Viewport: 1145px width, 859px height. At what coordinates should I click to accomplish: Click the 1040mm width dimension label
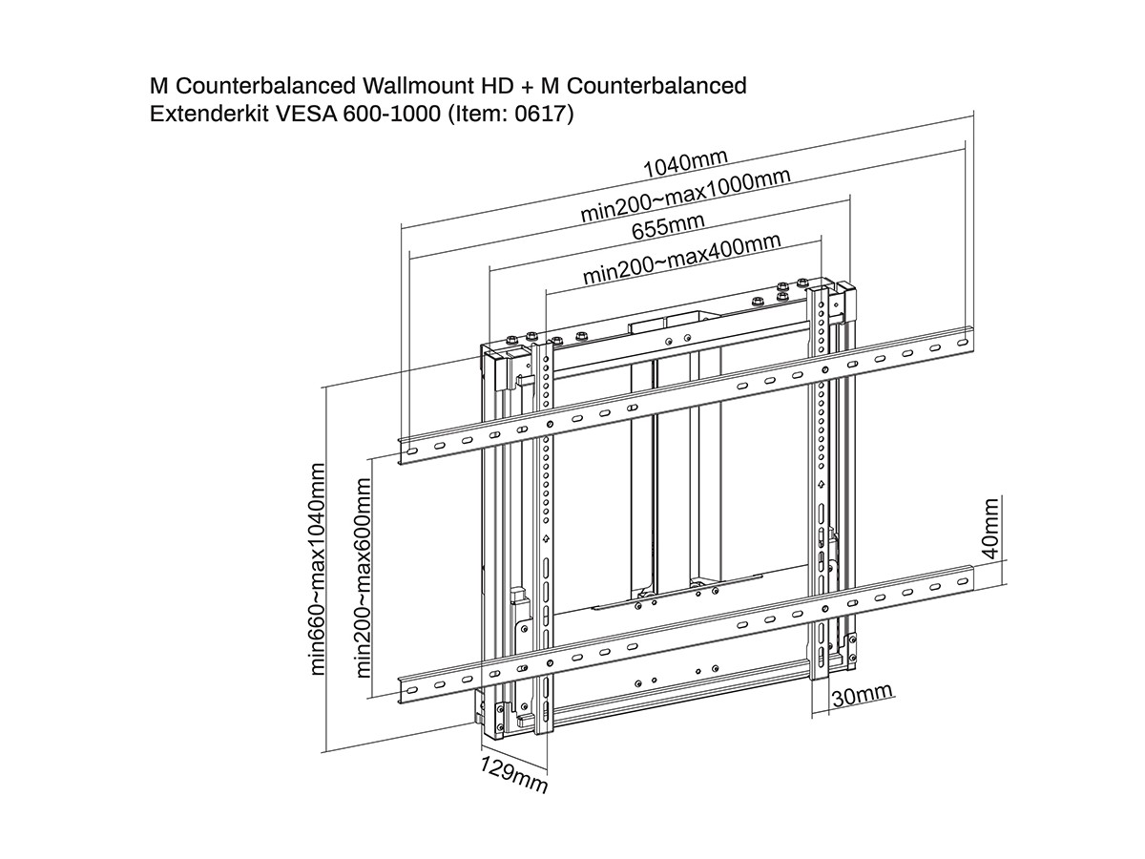tap(685, 163)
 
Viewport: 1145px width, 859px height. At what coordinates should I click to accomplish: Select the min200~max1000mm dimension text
tap(685, 198)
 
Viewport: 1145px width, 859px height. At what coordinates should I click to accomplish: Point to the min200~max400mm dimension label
tap(681, 258)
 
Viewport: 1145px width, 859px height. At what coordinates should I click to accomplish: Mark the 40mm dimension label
tap(990, 527)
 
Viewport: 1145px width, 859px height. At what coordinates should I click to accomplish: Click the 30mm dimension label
tap(862, 695)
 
